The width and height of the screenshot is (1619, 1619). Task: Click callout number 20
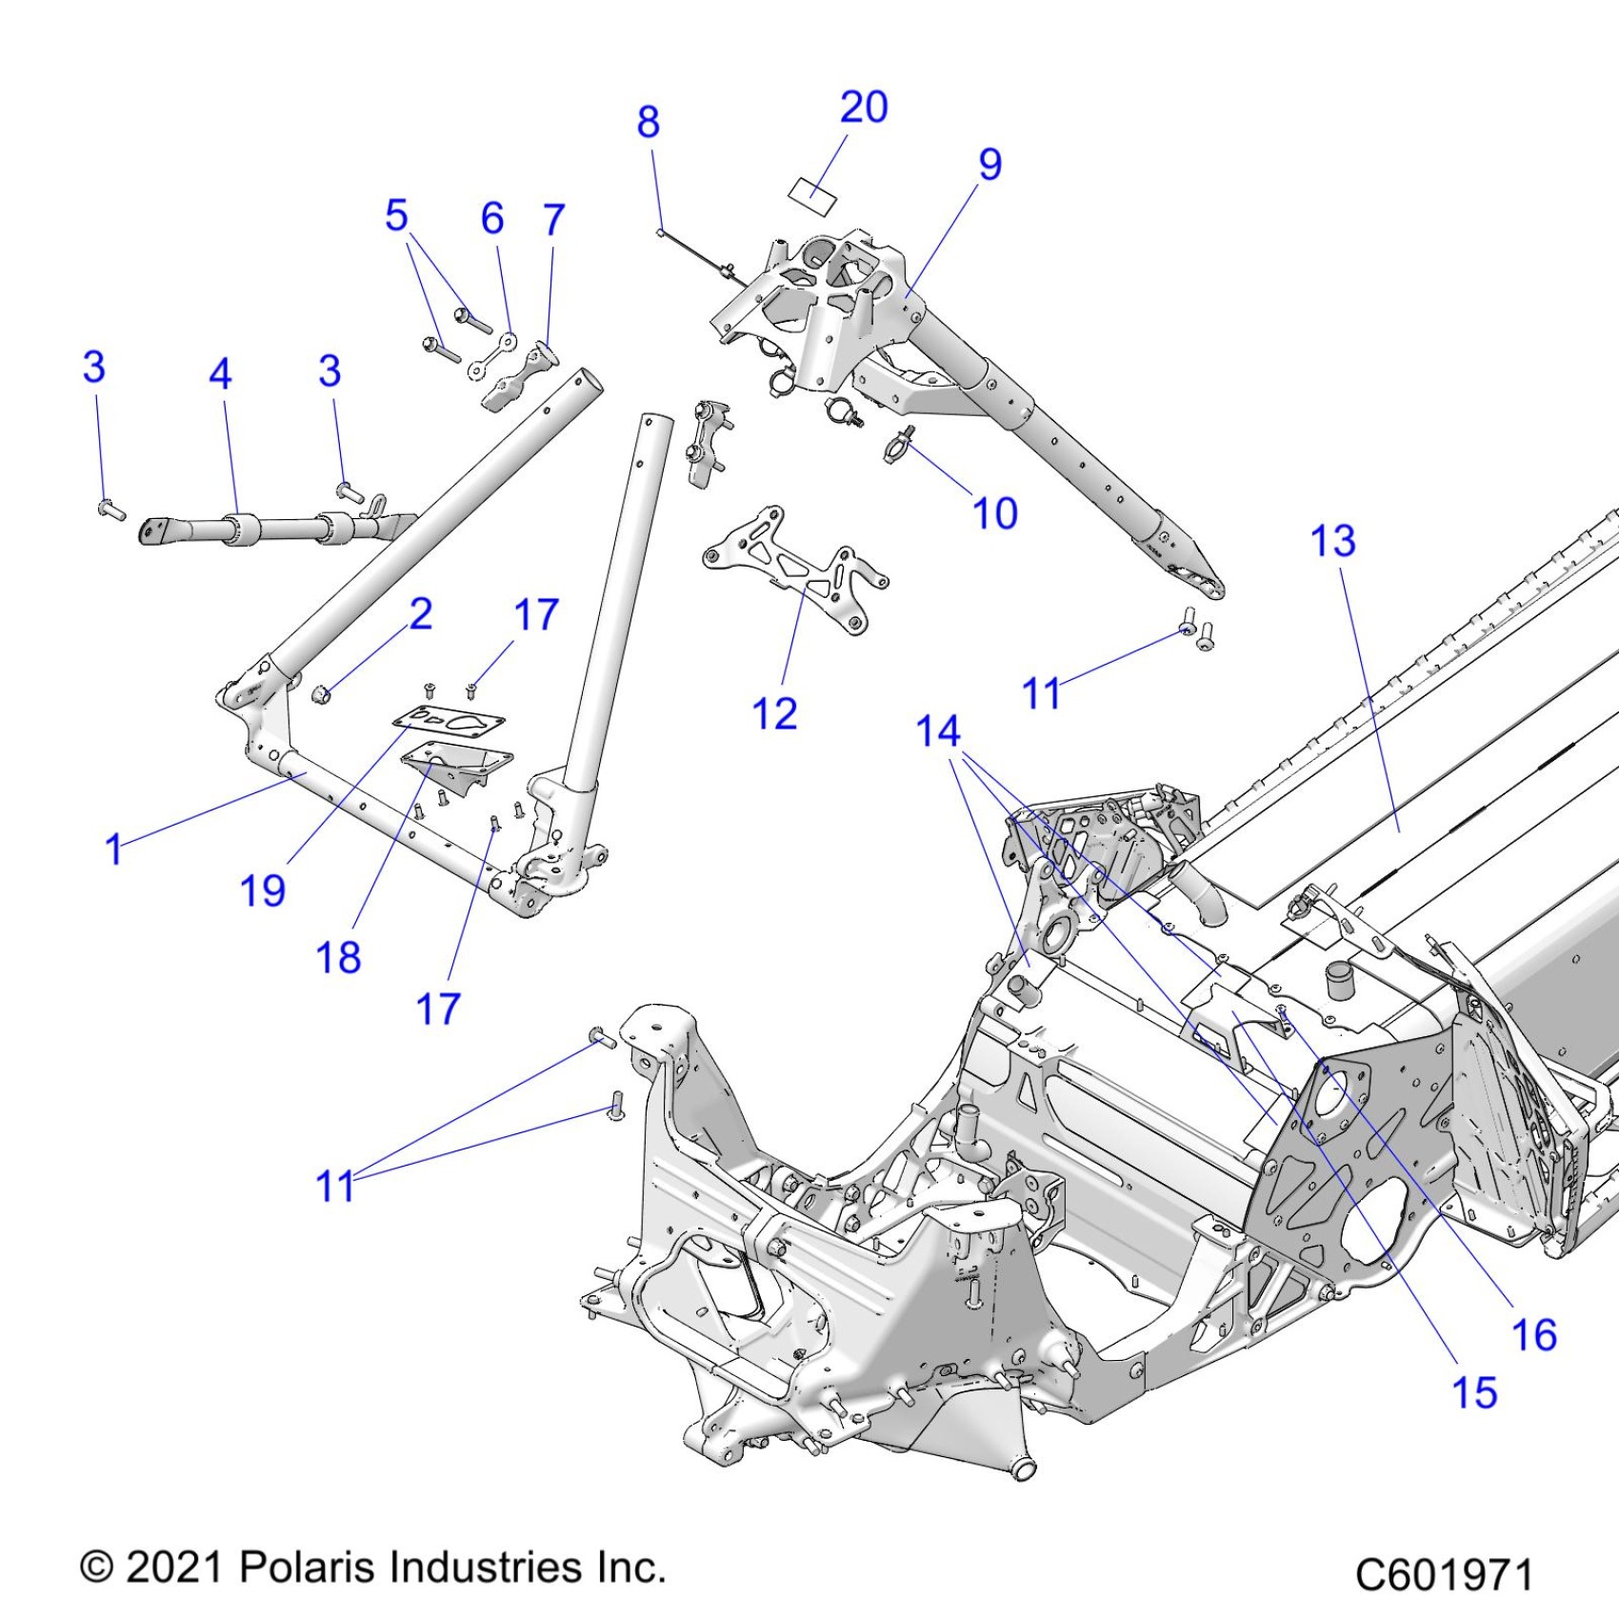pyautogui.click(x=864, y=107)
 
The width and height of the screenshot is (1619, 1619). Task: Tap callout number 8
pyautogui.click(x=649, y=122)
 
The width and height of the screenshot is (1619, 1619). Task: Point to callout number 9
pyautogui.click(x=990, y=165)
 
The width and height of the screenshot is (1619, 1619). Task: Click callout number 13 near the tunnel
pyautogui.click(x=1332, y=541)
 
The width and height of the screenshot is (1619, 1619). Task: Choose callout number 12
pyautogui.click(x=774, y=713)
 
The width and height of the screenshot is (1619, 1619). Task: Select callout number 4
pyautogui.click(x=220, y=373)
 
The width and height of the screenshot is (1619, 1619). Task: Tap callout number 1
pyautogui.click(x=114, y=849)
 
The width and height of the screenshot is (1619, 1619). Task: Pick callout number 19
pyautogui.click(x=263, y=890)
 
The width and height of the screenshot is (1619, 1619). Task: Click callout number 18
pyautogui.click(x=338, y=957)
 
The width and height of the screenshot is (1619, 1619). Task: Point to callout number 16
pyautogui.click(x=1534, y=1334)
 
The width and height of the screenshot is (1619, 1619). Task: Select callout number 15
pyautogui.click(x=1473, y=1392)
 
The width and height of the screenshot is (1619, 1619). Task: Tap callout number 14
pyautogui.click(x=938, y=731)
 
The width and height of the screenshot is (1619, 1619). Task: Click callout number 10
pyautogui.click(x=995, y=513)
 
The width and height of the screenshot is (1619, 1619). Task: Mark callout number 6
pyautogui.click(x=492, y=218)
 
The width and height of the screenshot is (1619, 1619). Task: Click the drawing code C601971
pyautogui.click(x=1443, y=1574)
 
